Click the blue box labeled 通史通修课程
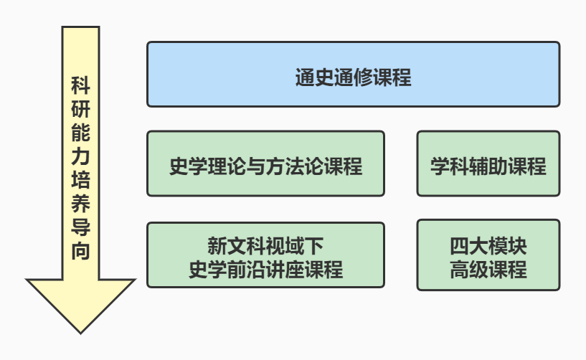tap(353, 75)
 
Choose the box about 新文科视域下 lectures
tap(265, 255)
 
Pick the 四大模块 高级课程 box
tap(488, 255)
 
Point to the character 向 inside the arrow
tap(80, 251)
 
